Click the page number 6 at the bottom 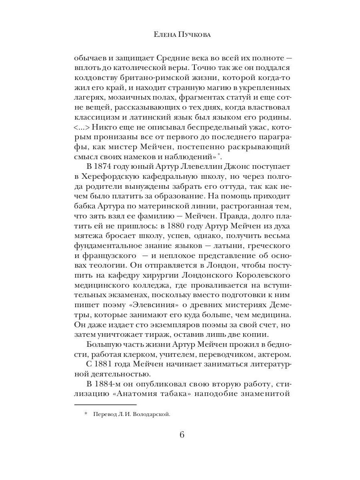[x=182, y=435]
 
